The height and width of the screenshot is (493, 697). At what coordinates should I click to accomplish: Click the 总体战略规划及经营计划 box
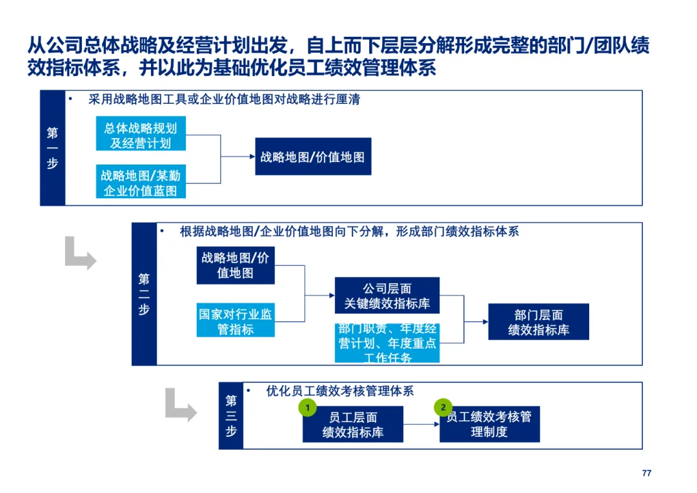[141, 134]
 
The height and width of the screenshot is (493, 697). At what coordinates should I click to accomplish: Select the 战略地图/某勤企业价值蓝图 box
[141, 182]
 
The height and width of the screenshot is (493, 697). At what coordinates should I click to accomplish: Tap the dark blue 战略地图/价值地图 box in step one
[313, 157]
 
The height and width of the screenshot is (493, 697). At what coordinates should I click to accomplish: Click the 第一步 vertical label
[52, 148]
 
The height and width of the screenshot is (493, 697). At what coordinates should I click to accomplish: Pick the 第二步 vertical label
[144, 294]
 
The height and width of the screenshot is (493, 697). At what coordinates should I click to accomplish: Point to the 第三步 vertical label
[231, 416]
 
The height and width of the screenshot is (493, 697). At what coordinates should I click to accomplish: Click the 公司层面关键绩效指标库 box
[387, 296]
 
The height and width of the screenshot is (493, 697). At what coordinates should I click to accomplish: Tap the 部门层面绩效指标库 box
[538, 322]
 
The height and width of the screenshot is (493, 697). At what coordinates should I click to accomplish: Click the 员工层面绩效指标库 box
[352, 425]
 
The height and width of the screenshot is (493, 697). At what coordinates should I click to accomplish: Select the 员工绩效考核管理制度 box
[489, 425]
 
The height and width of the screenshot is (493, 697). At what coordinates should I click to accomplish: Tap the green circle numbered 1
[308, 408]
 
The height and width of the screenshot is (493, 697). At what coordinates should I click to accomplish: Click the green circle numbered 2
[443, 407]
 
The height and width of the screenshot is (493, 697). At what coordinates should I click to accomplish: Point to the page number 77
[647, 473]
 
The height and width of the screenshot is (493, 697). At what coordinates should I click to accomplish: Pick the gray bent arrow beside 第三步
[180, 405]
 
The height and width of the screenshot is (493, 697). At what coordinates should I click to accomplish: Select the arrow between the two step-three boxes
[421, 425]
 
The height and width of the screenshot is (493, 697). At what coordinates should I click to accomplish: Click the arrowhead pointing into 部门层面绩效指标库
[485, 321]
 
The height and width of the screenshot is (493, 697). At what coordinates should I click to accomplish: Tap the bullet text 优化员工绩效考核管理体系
[339, 391]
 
